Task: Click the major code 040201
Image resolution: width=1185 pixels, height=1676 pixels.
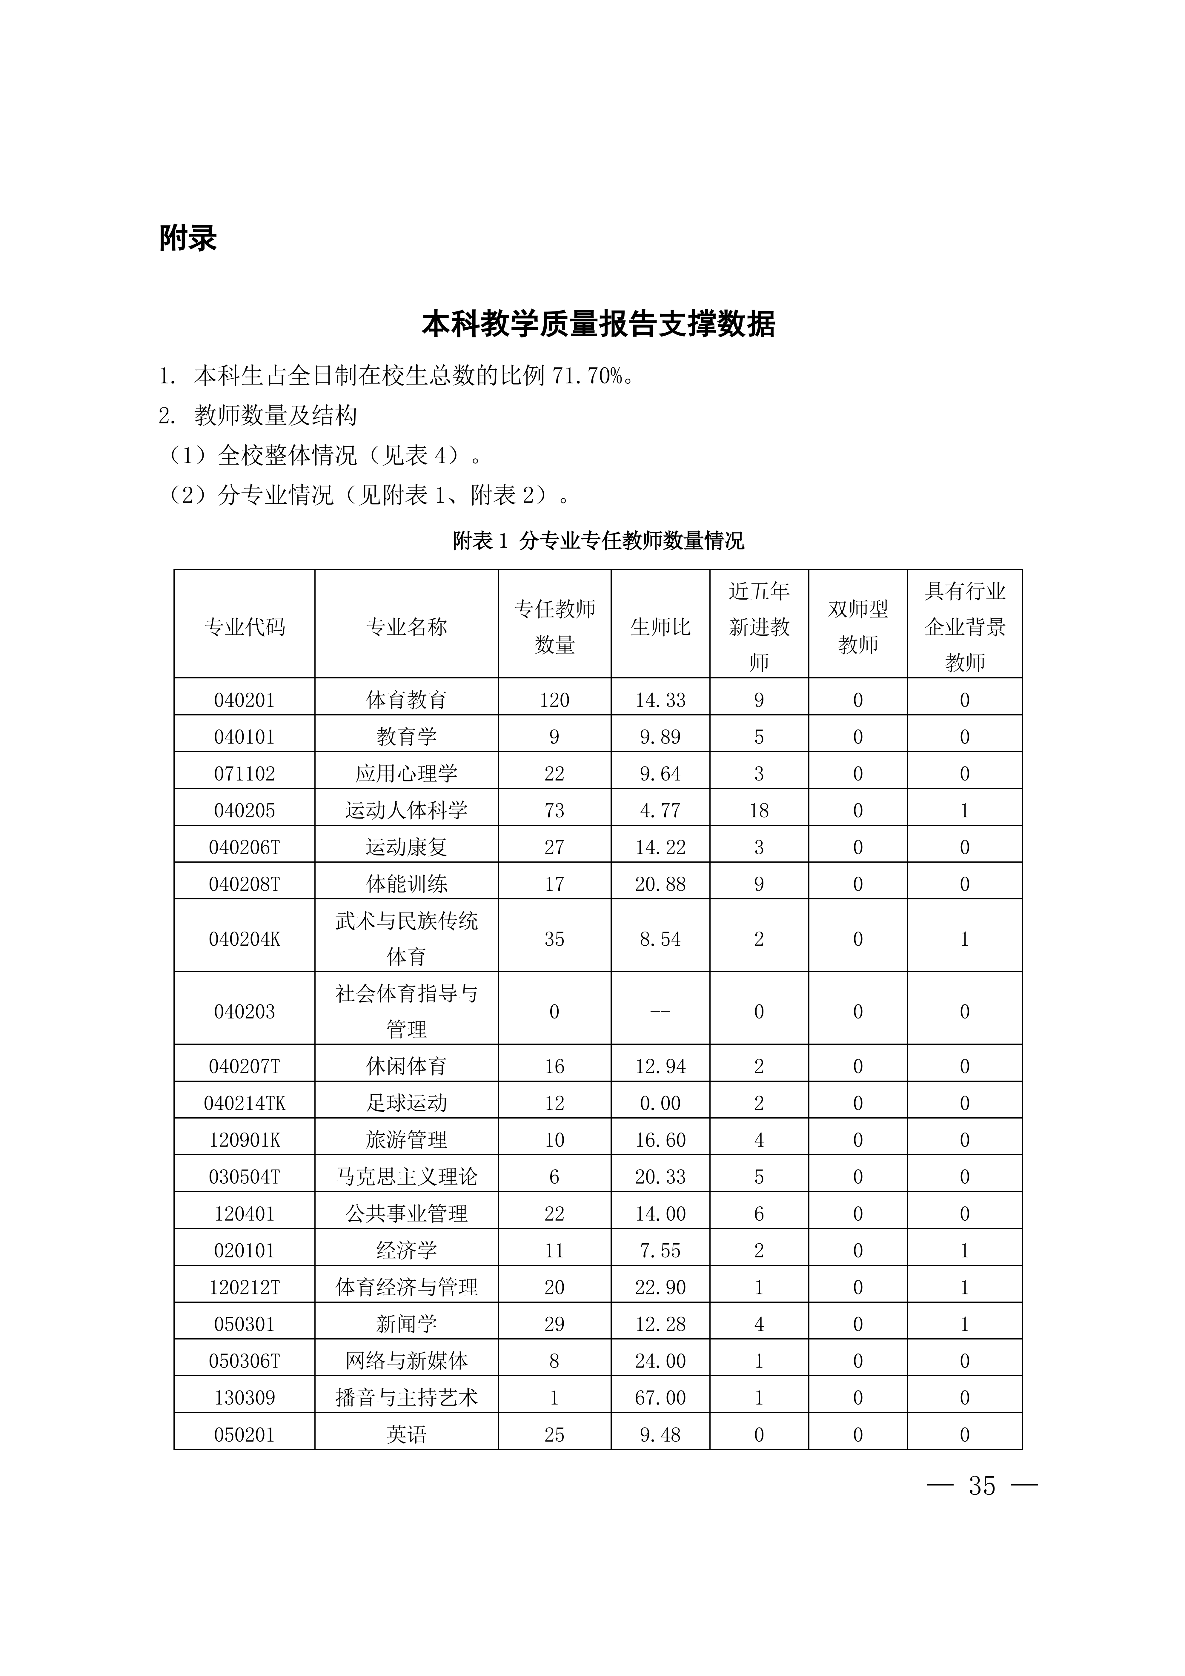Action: coord(245,700)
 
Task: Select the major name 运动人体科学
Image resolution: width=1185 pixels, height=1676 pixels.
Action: coord(406,810)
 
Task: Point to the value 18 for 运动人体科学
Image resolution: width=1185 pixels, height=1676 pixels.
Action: coord(759,810)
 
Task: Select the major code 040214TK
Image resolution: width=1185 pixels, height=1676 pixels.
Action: coord(245,1103)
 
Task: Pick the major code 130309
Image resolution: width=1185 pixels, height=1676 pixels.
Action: coord(245,1397)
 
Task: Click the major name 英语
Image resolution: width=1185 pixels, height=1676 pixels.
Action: coord(406,1434)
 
